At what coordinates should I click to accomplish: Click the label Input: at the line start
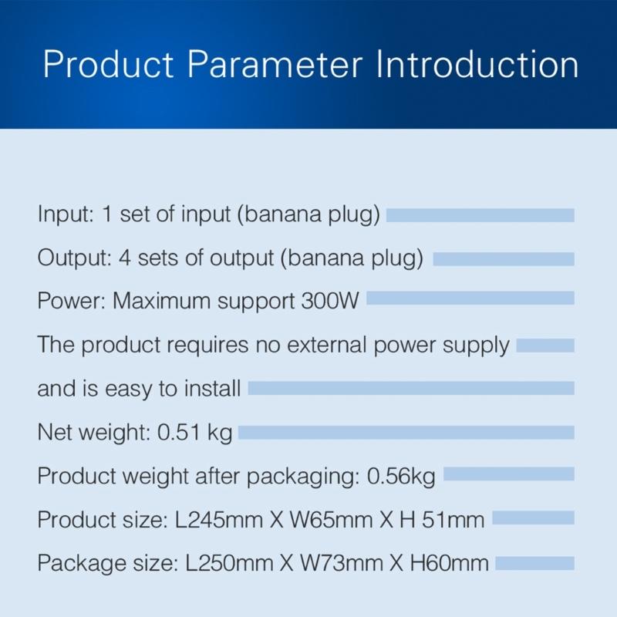[x=66, y=214]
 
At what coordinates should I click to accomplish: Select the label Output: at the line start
[x=74, y=258]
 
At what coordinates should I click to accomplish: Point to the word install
[x=214, y=389]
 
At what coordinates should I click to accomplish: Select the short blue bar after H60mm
[x=534, y=563]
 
